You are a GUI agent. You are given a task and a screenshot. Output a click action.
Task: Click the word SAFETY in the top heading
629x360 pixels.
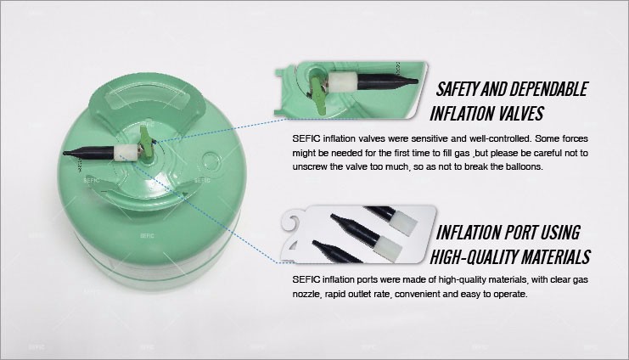click(457, 88)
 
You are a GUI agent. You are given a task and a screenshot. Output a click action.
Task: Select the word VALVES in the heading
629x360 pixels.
click(520, 113)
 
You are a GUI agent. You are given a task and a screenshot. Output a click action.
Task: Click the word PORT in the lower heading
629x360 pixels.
click(514, 233)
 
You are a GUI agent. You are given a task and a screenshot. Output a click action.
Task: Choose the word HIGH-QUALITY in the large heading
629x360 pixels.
click(468, 257)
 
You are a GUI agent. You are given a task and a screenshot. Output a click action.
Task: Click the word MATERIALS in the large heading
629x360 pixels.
click(549, 257)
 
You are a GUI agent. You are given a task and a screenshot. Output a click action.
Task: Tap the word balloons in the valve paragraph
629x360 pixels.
click(525, 166)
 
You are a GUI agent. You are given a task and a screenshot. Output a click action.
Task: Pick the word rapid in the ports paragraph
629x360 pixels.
click(336, 294)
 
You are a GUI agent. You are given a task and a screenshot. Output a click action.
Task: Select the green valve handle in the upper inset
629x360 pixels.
click(317, 93)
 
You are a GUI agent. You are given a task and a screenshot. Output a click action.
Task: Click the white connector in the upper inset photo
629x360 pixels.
click(344, 82)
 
